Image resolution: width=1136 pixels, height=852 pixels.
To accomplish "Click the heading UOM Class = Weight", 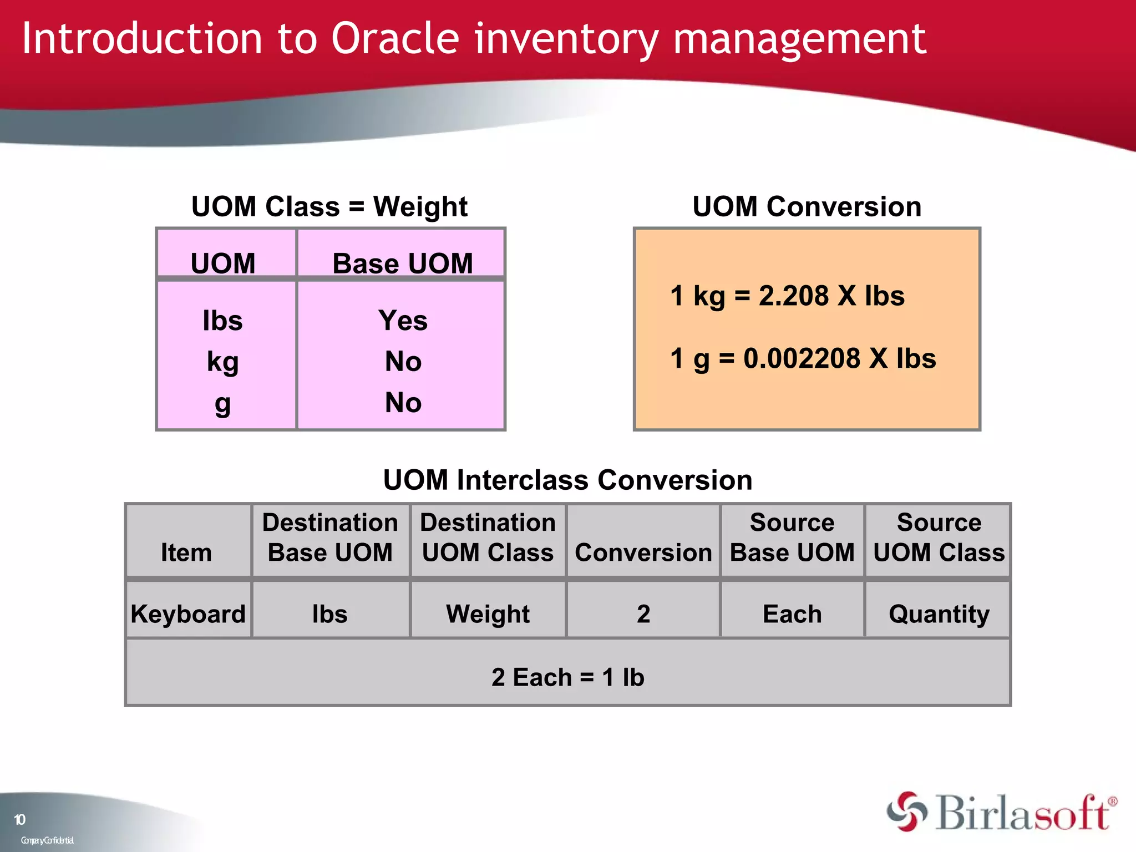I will tap(329, 206).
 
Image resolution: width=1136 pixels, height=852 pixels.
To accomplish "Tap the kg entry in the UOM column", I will tap(222, 362).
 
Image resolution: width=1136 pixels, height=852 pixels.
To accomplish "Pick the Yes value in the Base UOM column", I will tap(403, 321).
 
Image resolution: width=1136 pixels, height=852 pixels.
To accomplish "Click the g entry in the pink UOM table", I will tap(222, 404).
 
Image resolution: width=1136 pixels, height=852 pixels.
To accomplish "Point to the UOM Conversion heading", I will tap(807, 206).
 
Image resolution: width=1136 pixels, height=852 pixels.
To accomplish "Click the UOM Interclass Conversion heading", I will tap(567, 480).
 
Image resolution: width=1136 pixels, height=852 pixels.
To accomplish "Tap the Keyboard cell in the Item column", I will tap(188, 614).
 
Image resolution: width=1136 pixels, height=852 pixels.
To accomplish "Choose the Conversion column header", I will tap(643, 552).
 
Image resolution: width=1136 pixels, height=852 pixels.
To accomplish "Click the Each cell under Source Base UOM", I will tap(792, 614).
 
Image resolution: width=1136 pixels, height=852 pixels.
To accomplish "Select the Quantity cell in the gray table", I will tap(939, 614).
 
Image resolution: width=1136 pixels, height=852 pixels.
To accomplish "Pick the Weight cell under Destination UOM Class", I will tap(488, 614).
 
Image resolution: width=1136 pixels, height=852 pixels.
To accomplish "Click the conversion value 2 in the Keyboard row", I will tap(643, 614).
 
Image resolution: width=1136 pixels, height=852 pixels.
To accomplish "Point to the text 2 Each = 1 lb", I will tap(567, 677).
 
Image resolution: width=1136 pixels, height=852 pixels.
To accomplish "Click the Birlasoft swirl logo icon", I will tap(906, 812).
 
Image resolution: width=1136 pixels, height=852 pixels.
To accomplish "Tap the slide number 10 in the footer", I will tap(19, 819).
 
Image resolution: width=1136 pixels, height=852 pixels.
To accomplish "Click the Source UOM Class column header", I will tap(939, 538).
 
